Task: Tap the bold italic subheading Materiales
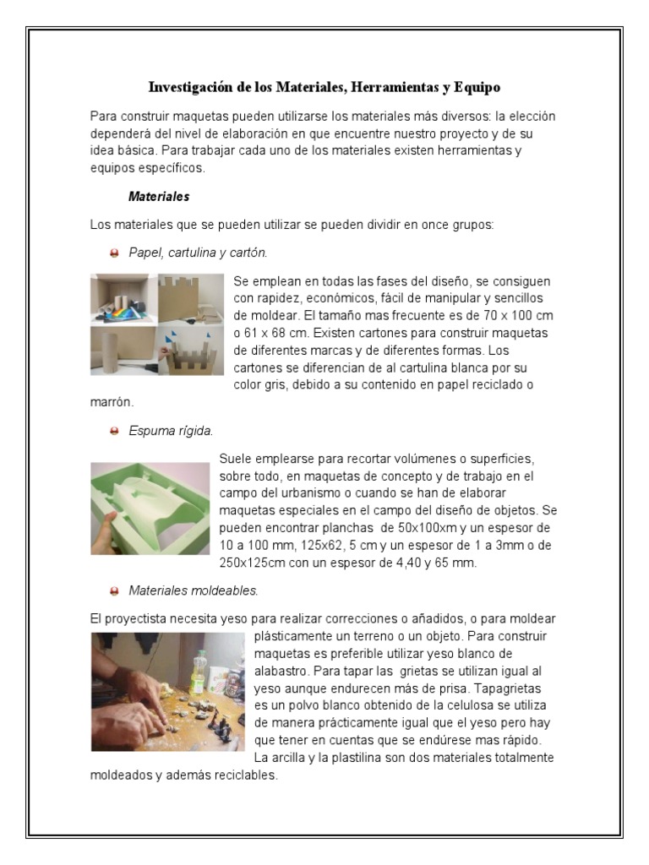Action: click(159, 197)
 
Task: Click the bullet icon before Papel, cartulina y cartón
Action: click(114, 253)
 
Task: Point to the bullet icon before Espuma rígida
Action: click(114, 431)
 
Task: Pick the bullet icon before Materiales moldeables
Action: click(114, 590)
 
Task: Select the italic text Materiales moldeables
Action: click(194, 590)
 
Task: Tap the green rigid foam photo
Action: click(150, 508)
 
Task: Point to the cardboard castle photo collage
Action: click(157, 324)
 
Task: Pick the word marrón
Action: click(112, 402)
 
